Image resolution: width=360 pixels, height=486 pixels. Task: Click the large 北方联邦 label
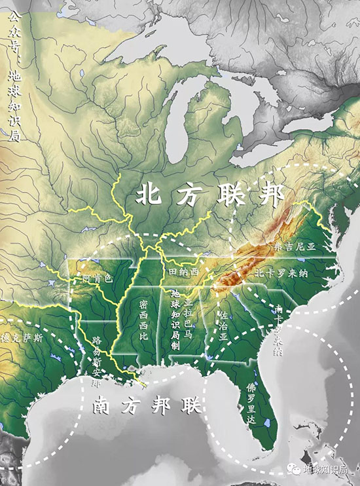(209, 195)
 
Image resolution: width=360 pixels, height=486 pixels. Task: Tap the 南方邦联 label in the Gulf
(144, 406)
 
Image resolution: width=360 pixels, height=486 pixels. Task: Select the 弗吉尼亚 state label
(294, 247)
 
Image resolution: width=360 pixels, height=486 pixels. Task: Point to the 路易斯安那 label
(96, 362)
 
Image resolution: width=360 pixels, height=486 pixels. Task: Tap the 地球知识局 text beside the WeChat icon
(328, 470)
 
